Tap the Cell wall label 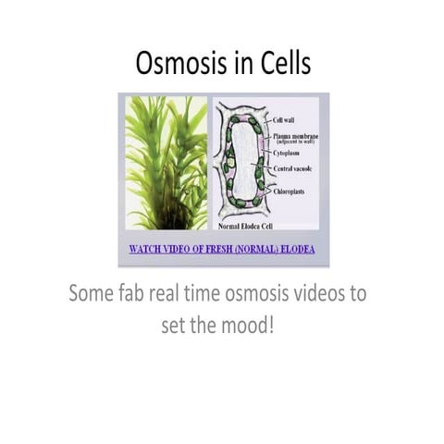285,120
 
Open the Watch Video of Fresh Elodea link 223,249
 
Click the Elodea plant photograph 166,162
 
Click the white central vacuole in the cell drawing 242,161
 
